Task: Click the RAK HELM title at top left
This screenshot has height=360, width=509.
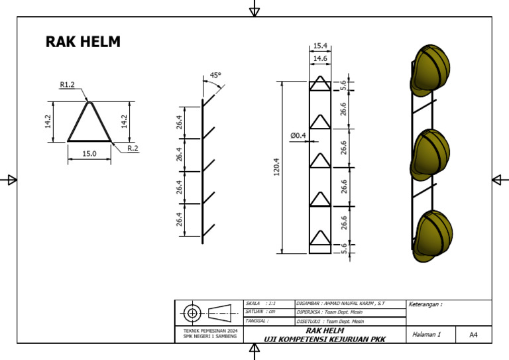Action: (83, 42)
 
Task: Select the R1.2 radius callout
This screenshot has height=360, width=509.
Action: (67, 84)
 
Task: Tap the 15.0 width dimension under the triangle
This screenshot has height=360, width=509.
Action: (89, 153)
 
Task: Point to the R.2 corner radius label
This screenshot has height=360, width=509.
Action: (133, 148)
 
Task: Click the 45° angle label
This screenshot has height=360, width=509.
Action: (215, 76)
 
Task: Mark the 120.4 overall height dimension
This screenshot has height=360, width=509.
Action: (276, 167)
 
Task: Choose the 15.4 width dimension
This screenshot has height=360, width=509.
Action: (320, 46)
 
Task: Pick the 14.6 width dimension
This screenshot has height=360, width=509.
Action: (320, 59)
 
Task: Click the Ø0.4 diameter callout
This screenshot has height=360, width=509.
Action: (298, 135)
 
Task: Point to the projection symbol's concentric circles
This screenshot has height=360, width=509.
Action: (192, 312)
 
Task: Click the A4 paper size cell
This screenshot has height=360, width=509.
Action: (473, 335)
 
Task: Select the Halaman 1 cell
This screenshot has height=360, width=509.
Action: (426, 335)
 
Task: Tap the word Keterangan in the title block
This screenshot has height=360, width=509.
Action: (425, 305)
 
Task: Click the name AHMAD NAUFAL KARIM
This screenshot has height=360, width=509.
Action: (353, 303)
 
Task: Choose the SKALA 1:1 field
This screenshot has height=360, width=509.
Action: (260, 303)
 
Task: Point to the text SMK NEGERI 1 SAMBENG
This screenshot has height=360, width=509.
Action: (210, 336)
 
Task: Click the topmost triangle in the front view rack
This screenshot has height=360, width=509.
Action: (320, 83)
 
